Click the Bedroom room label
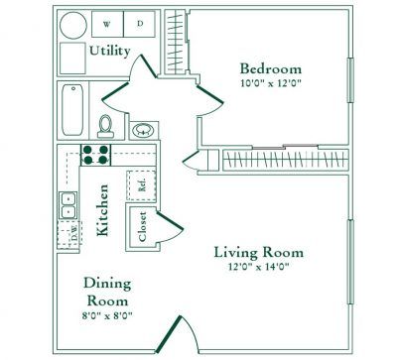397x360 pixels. pos(270,68)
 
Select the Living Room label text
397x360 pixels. pos(259,252)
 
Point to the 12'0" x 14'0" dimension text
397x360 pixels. pos(259,268)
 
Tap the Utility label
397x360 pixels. pos(109,51)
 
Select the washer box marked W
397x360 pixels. pos(107,22)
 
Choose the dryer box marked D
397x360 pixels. pos(140,22)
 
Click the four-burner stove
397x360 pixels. pos(95,154)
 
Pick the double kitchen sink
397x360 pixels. pos(69,204)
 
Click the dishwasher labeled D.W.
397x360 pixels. pos(72,234)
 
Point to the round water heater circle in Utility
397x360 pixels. pos(72,25)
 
